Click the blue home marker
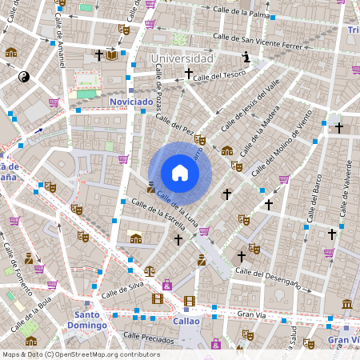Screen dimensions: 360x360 click(x=180, y=173)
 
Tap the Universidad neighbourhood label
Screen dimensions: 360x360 click(x=182, y=58)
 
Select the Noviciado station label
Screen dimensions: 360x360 click(x=131, y=102)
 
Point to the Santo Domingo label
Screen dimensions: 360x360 click(x=86, y=320)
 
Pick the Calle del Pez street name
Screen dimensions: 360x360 click(x=175, y=123)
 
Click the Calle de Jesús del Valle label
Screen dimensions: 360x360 click(x=251, y=107)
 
